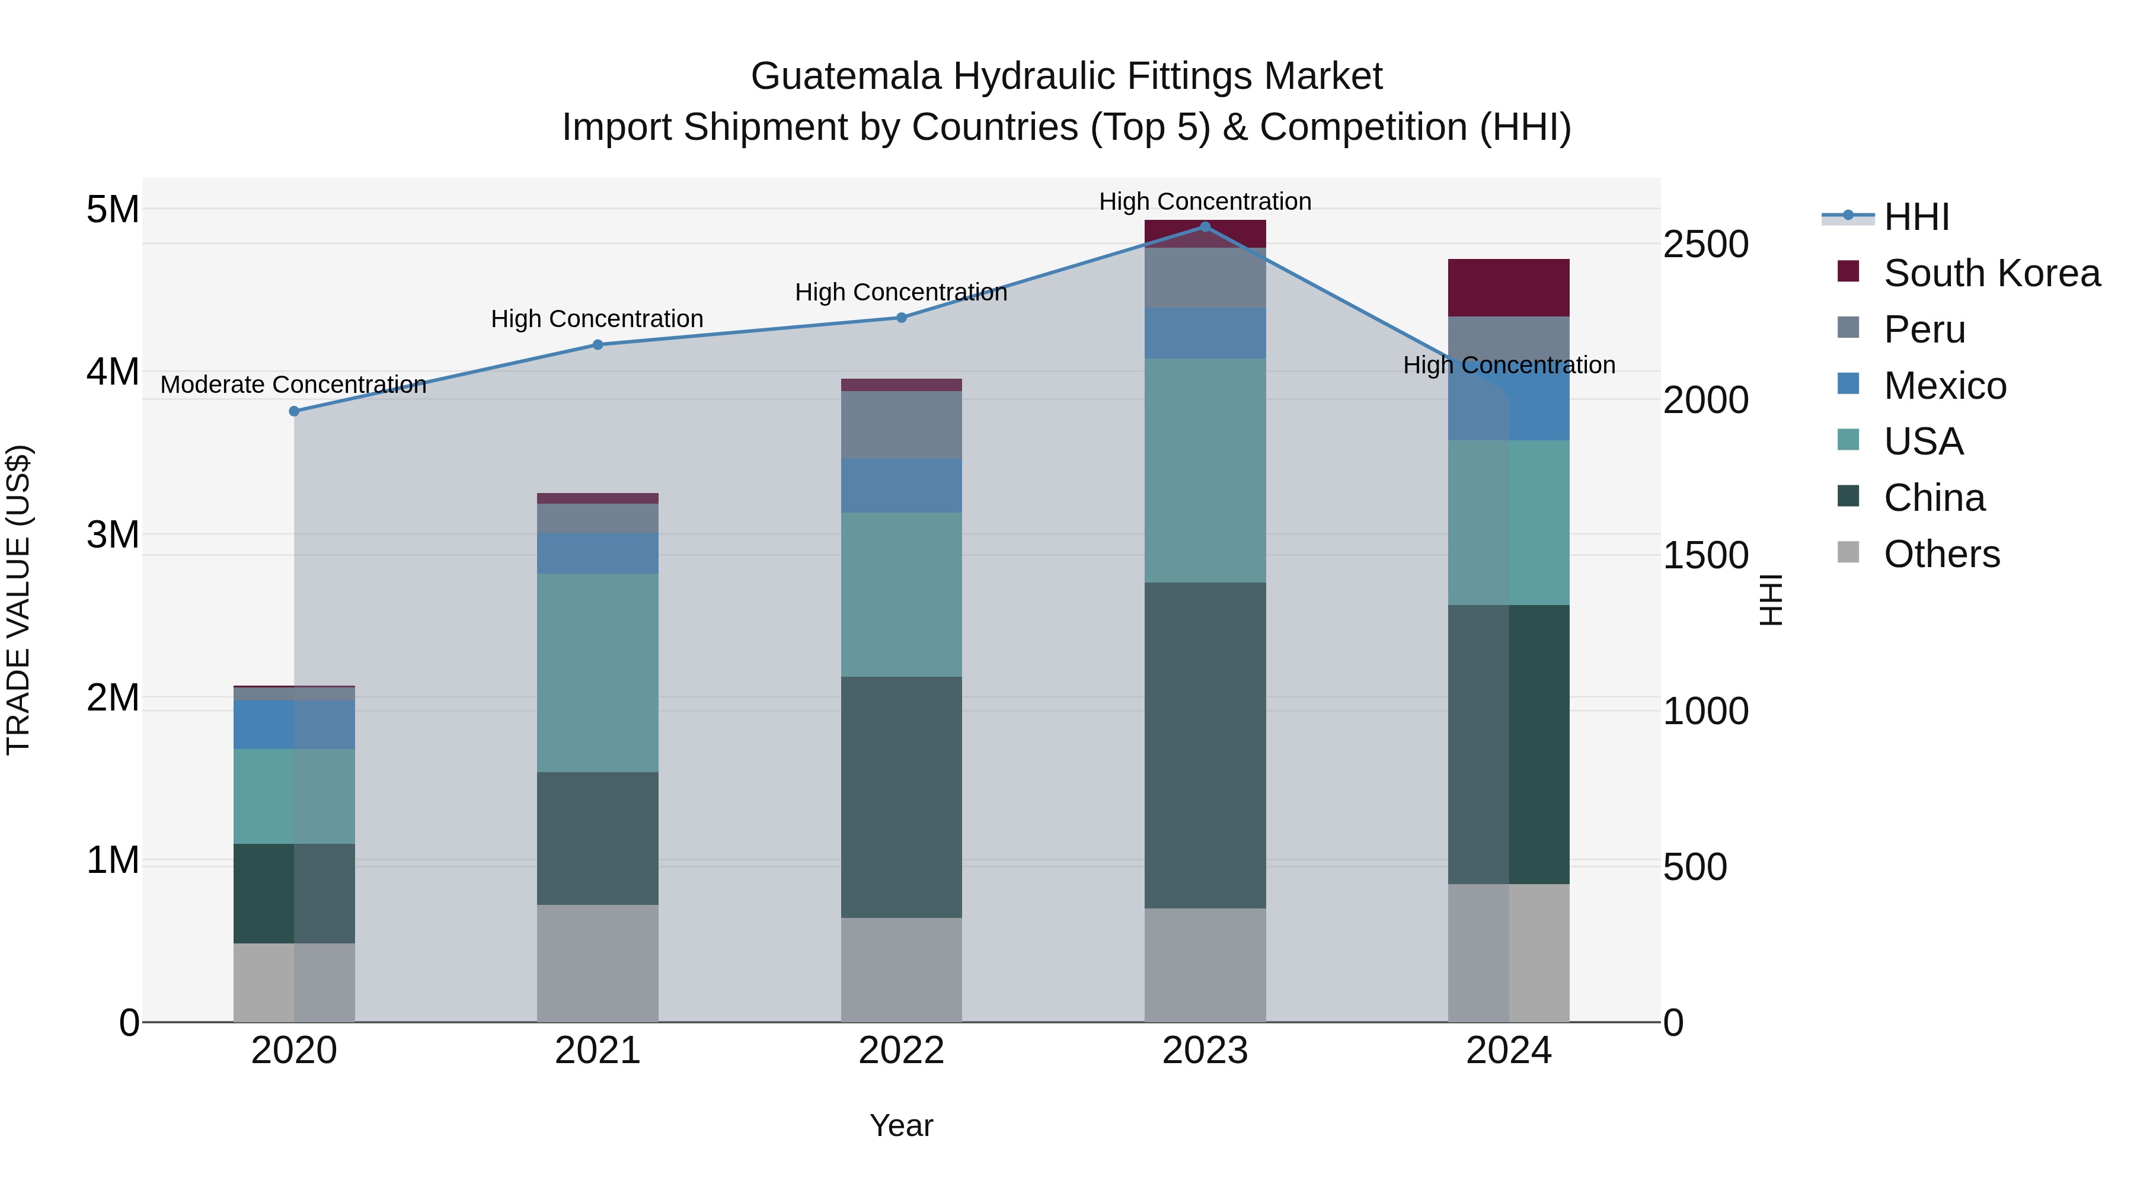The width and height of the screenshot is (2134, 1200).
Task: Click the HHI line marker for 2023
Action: pyautogui.click(x=1205, y=227)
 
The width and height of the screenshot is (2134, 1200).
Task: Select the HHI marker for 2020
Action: pyautogui.click(x=294, y=412)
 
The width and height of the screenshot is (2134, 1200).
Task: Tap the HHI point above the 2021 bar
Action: pyautogui.click(x=598, y=344)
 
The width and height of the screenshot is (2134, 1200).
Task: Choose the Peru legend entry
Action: pyautogui.click(x=1924, y=329)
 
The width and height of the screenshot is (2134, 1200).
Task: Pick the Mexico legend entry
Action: pyautogui.click(x=1944, y=386)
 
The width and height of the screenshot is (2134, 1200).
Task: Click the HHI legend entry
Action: pyautogui.click(x=1916, y=217)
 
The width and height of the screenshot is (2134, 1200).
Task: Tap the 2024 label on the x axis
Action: pyautogui.click(x=1509, y=1051)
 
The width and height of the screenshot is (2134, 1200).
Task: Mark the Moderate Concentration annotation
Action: pyautogui.click(x=293, y=385)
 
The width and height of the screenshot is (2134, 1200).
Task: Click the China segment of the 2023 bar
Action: pyautogui.click(x=1205, y=745)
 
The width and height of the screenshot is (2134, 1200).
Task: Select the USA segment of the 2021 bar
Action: pyautogui.click(x=598, y=673)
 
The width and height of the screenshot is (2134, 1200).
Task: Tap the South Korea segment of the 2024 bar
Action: pyautogui.click(x=1509, y=287)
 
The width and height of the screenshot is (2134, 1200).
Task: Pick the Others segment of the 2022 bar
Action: pyautogui.click(x=901, y=969)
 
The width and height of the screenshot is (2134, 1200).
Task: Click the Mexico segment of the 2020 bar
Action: pyautogui.click(x=294, y=725)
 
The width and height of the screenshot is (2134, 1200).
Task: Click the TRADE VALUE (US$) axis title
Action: pyautogui.click(x=18, y=600)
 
